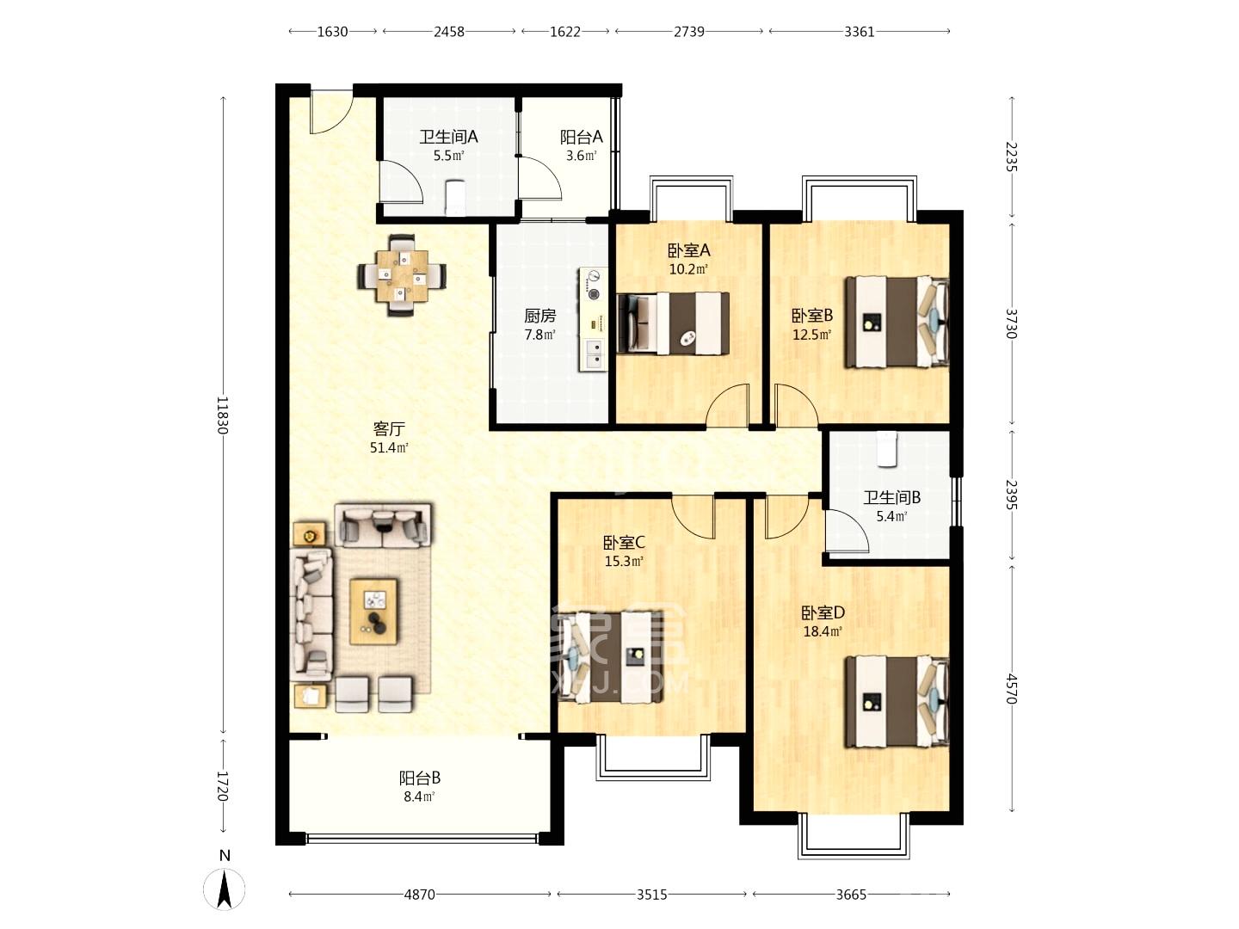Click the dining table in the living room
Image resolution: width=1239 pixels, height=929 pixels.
(402, 275)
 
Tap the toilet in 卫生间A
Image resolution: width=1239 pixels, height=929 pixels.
(454, 198)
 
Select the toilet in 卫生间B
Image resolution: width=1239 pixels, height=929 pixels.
(886, 449)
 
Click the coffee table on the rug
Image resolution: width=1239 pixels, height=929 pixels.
(373, 612)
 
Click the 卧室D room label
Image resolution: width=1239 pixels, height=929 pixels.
(823, 612)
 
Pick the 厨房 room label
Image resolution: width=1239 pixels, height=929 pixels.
(539, 316)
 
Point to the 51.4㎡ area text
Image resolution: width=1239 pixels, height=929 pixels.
(389, 448)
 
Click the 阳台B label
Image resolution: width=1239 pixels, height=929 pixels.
(419, 778)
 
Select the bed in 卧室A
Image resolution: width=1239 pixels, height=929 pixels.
(673, 323)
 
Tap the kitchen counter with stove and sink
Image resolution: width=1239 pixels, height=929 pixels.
(593, 319)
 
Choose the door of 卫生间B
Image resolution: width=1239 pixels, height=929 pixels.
(847, 531)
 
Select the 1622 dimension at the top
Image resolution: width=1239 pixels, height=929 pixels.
(565, 32)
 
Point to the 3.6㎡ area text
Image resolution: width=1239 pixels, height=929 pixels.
(581, 156)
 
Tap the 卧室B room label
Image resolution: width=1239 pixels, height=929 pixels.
(811, 316)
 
